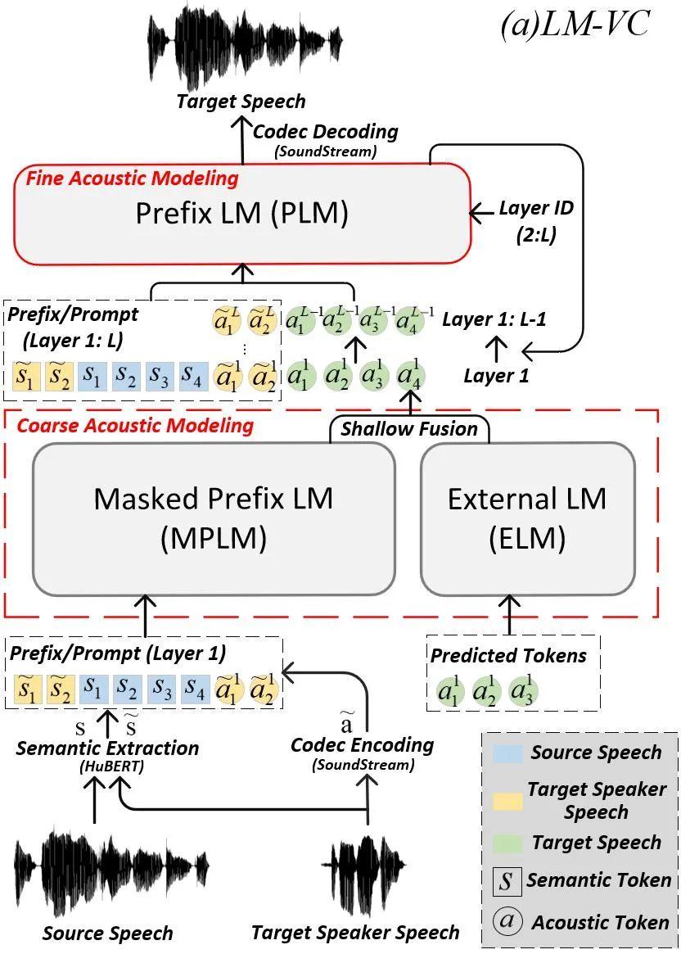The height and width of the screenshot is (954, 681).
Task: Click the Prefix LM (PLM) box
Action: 242,214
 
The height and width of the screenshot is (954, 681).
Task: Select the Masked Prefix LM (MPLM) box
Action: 213,518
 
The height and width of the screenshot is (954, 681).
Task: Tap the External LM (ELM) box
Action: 527,518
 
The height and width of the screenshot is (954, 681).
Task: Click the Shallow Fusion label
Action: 409,429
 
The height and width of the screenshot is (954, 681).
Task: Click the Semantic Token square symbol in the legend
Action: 507,882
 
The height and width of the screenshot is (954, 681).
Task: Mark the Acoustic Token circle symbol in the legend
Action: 507,921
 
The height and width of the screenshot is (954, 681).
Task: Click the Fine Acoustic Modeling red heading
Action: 133,179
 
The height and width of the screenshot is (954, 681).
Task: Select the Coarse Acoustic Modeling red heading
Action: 135,426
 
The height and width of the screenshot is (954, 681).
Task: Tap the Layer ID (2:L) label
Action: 536,220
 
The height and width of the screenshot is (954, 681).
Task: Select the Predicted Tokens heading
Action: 508,655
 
